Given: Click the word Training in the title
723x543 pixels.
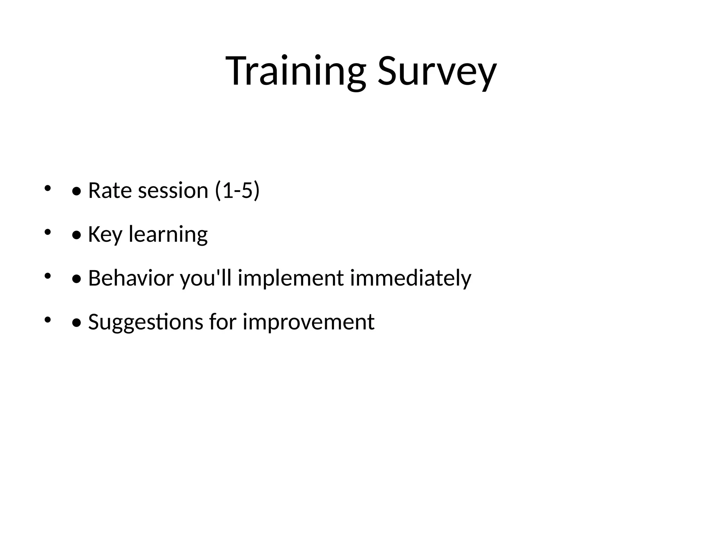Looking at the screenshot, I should (x=296, y=72).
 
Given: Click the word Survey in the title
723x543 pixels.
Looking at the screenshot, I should (x=437, y=72).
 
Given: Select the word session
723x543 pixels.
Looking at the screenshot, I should (x=173, y=191).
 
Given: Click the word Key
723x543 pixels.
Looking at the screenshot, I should (x=105, y=234).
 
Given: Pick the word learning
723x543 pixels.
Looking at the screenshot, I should (x=168, y=234).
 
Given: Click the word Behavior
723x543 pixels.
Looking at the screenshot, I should (x=131, y=278).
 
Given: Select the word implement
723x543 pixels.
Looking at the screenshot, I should (x=291, y=278).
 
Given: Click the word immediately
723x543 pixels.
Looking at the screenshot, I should (x=410, y=278).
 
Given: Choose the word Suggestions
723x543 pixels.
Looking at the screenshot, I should (x=145, y=322).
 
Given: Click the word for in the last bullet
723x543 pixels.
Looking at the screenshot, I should (x=222, y=322).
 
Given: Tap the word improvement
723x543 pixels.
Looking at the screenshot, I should (x=308, y=322).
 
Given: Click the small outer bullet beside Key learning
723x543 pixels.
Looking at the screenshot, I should (x=47, y=232).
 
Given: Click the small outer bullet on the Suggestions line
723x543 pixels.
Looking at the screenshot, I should (x=47, y=320).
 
